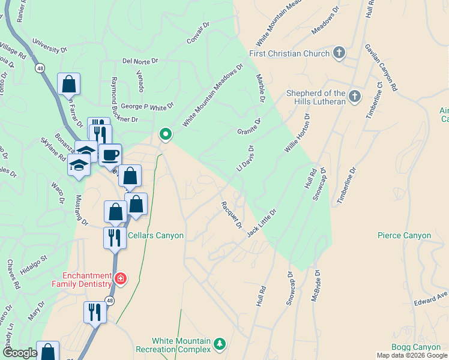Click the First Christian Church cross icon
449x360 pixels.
point(339,53)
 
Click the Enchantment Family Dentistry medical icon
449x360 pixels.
point(121,279)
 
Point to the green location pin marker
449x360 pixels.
point(165,134)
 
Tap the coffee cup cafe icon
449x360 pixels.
point(110,155)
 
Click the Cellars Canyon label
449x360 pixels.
point(154,235)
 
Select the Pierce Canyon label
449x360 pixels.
point(404,235)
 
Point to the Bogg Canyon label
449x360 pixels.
point(416,347)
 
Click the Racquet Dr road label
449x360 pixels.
point(231,215)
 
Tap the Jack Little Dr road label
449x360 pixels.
point(262,222)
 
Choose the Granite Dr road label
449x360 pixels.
point(249,127)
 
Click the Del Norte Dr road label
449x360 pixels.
point(139,61)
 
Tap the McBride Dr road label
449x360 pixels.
point(318,289)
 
